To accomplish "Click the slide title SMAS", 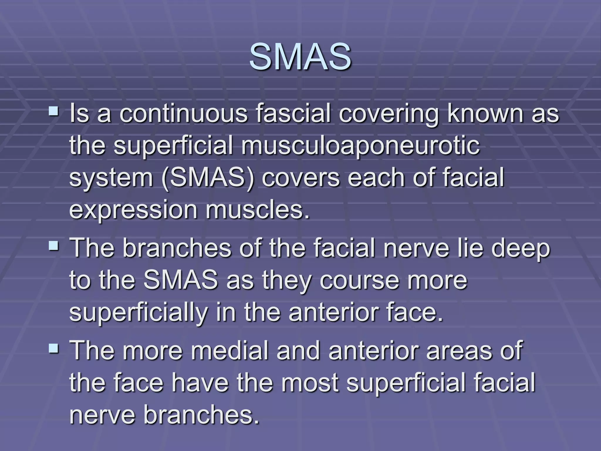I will tap(300, 57).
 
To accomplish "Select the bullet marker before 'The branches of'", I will tap(54, 245).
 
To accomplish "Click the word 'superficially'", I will tap(138, 313).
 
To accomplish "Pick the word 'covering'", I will tap(389, 115).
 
